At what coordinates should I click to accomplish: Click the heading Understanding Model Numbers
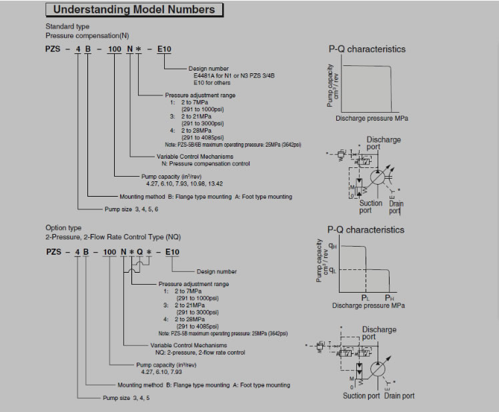tap(133, 9)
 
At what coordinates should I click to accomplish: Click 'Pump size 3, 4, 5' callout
tap(127, 397)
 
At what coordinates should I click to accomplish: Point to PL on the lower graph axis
tap(365, 297)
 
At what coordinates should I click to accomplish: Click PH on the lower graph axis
tap(390, 297)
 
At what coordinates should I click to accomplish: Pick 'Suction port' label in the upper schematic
tap(371, 207)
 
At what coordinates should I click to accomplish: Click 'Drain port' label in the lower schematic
tap(399, 396)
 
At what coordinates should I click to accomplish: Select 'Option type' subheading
tap(63, 227)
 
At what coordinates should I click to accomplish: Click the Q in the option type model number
tap(139, 251)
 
